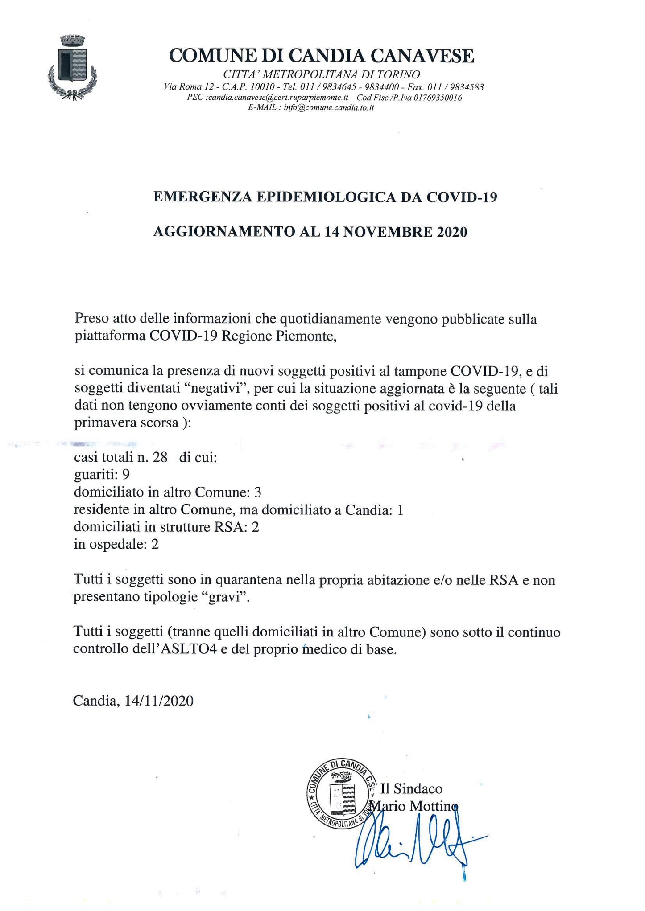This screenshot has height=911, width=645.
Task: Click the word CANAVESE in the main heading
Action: click(422, 56)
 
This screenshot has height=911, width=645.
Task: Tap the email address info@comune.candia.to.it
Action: click(329, 108)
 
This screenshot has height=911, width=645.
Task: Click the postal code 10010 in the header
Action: click(262, 87)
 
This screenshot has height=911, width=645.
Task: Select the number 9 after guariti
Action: click(126, 475)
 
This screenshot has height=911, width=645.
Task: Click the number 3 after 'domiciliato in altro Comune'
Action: click(257, 492)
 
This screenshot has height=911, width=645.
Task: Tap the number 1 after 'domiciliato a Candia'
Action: click(400, 510)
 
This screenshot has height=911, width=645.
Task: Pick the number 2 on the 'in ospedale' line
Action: click(155, 544)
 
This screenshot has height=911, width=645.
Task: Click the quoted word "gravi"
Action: click(228, 597)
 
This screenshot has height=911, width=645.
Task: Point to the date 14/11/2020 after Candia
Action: click(159, 701)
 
